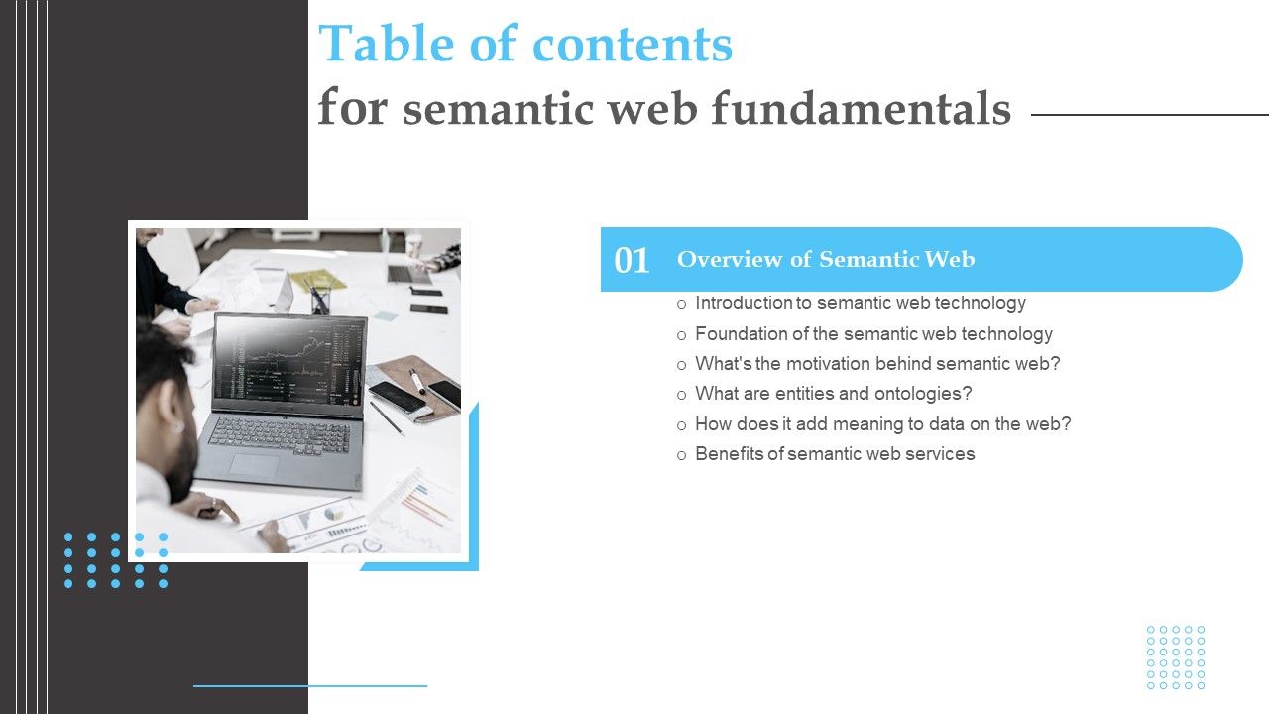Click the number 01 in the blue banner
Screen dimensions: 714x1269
[x=632, y=260]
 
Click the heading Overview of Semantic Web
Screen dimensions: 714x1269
[x=826, y=259]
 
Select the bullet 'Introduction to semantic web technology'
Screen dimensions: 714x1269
[x=861, y=303]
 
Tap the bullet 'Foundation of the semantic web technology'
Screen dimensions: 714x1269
[x=873, y=334]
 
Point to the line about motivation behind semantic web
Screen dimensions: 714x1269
[x=877, y=364]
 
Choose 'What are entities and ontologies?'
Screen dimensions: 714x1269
[x=833, y=394]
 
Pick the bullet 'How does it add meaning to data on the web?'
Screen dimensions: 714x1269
[x=882, y=424]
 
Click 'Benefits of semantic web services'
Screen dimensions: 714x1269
[x=835, y=454]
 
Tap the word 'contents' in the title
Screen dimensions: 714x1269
[x=633, y=45]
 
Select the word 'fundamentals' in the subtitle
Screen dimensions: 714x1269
[x=862, y=108]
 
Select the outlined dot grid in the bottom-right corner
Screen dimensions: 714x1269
[x=1176, y=657]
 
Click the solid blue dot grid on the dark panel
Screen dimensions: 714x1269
[x=116, y=560]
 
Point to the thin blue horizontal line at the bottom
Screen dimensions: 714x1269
[x=309, y=685]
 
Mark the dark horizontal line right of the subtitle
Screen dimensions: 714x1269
[x=1150, y=115]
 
